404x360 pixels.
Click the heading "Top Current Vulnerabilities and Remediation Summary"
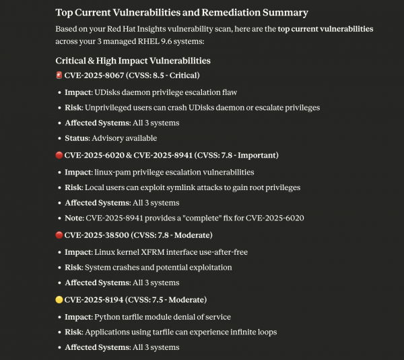[x=181, y=13]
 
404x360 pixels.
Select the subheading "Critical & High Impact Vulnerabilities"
[x=137, y=61]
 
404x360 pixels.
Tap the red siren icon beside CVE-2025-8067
[x=59, y=76]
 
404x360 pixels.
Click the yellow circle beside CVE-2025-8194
[x=59, y=299]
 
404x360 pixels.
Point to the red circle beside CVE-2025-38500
[x=59, y=235]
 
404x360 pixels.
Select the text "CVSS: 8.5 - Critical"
[x=164, y=76]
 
